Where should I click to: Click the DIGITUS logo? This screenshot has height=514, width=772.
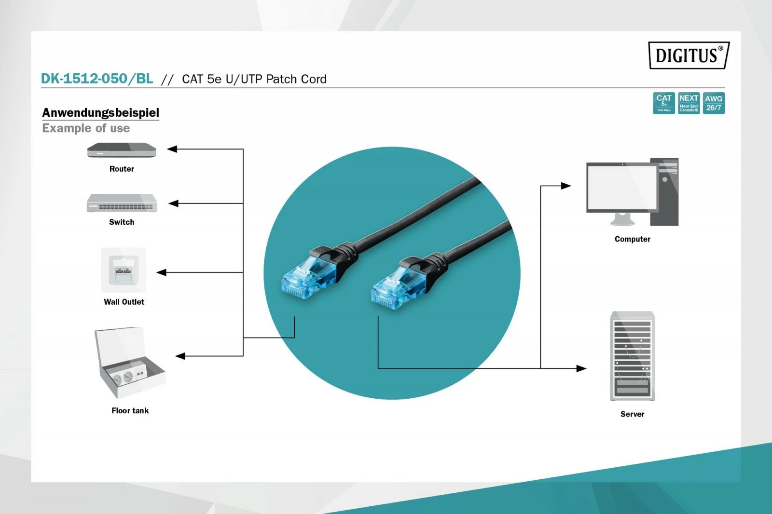pos(689,55)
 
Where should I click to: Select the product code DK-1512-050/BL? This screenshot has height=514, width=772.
pos(97,79)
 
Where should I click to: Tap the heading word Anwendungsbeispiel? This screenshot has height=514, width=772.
pos(100,112)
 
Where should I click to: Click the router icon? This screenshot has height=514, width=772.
pos(122,150)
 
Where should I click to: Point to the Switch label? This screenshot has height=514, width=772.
pos(122,222)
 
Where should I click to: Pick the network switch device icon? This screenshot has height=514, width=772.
pos(122,203)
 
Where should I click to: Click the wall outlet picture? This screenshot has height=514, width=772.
pos(124,270)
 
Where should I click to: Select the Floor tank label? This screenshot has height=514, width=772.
pos(130,410)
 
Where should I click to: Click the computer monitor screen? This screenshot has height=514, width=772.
pos(622,187)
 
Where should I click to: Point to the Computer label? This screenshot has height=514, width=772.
pos(632,239)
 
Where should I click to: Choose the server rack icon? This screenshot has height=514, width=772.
pos(632,356)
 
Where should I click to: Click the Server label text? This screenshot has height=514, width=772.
pos(632,414)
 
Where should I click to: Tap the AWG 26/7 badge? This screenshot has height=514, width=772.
pos(714,103)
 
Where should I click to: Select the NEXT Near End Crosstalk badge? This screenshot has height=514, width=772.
pos(689,103)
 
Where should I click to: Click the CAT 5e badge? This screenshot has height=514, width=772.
pos(663,103)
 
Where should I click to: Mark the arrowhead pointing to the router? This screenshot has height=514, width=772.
pos(172,149)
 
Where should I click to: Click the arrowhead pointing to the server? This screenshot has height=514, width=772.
pos(581,368)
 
